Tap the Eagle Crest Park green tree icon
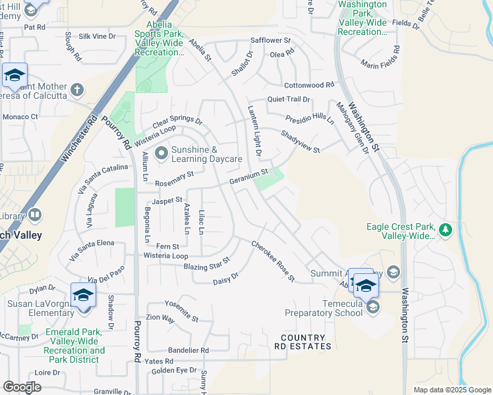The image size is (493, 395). (x=446, y=230)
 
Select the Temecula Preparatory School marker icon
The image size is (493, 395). (x=372, y=307)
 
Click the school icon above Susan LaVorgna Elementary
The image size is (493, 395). (x=84, y=294)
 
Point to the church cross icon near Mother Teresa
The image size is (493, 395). (x=77, y=89)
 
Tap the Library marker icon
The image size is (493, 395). (x=35, y=215)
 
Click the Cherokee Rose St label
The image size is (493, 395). (x=272, y=261)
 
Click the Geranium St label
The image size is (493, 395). (x=248, y=176)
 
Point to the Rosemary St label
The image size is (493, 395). (x=174, y=178)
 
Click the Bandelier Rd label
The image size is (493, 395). (x=188, y=350)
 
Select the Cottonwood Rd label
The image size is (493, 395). (x=309, y=86)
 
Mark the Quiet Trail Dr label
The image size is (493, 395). (x=288, y=99)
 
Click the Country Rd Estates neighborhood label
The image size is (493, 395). (x=303, y=342)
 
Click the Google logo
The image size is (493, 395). (x=22, y=387)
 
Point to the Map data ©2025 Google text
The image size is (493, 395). (x=451, y=390)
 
